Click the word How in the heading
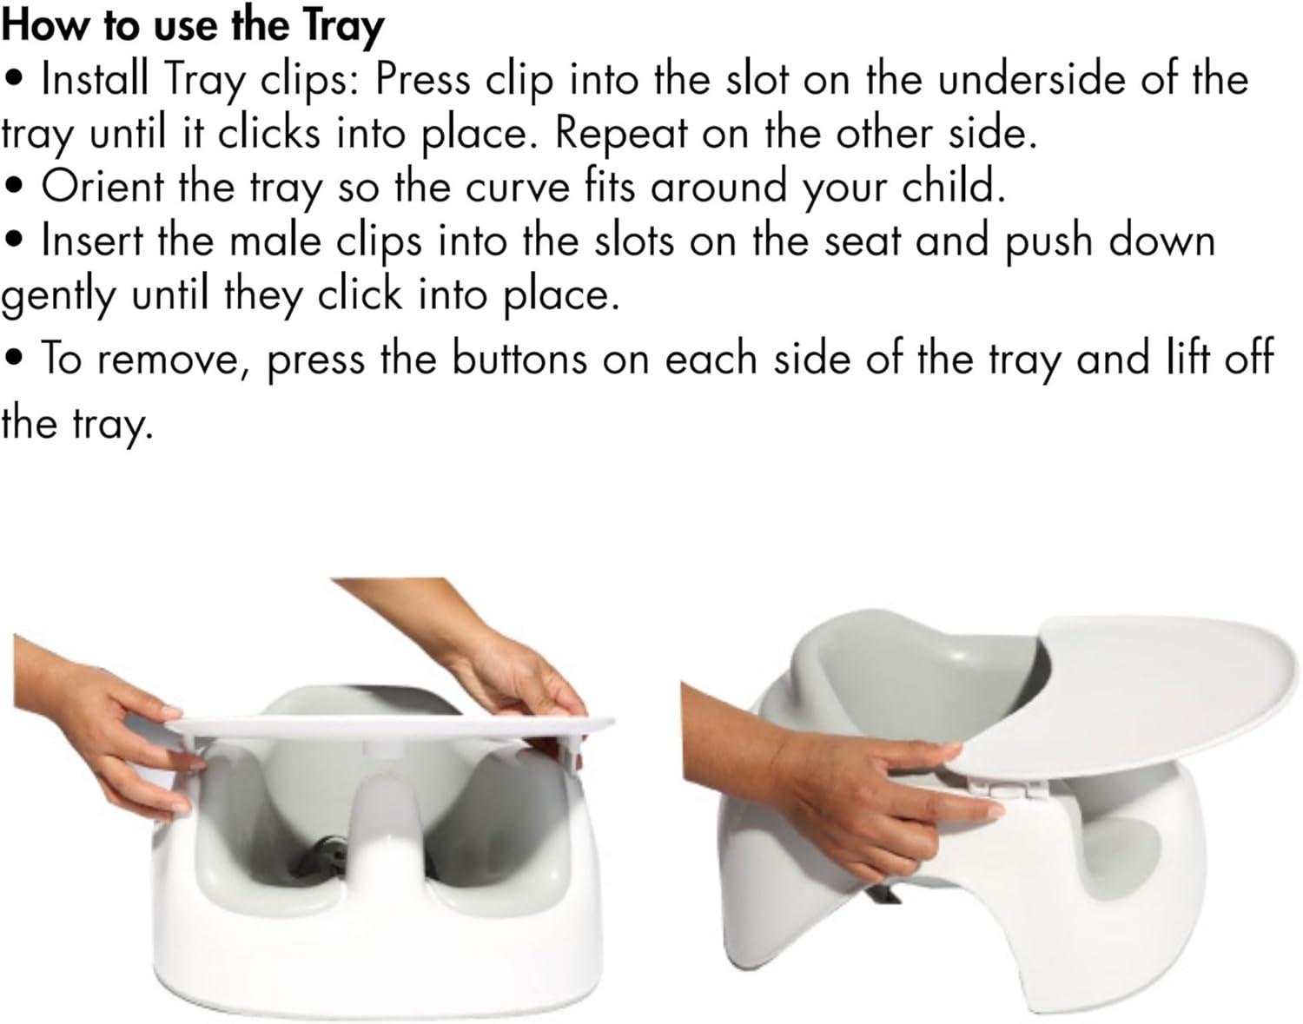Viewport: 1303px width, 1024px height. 35,25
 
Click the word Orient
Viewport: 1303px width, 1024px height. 103,187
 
